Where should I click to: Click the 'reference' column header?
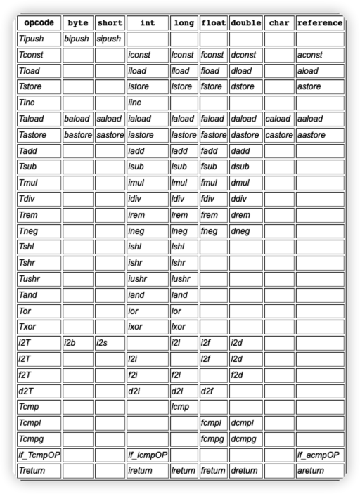click(x=320, y=22)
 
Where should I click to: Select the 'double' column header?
click(x=245, y=22)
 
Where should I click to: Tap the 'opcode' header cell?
click(x=38, y=22)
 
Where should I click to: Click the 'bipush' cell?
click(x=77, y=39)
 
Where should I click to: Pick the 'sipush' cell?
click(x=108, y=39)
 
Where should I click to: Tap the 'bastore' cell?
click(x=77, y=134)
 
